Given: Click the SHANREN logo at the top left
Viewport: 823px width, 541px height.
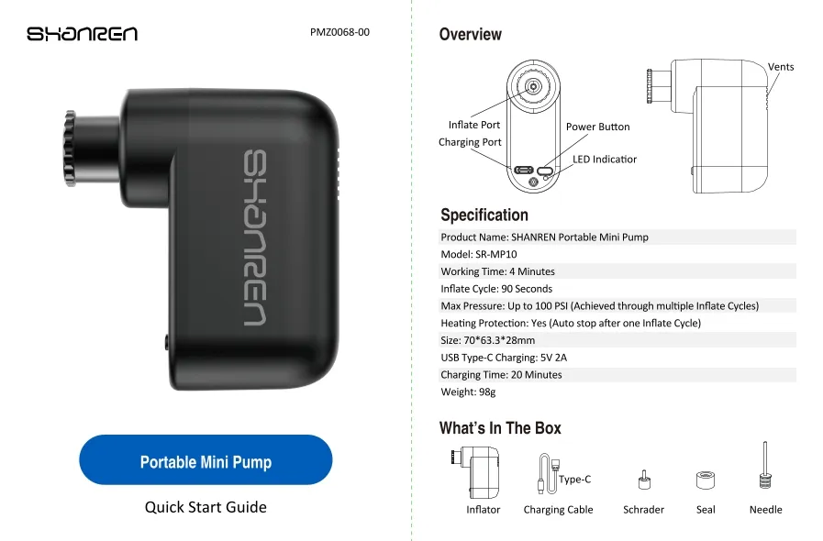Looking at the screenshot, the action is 83,34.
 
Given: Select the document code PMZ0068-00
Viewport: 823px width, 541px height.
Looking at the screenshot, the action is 339,32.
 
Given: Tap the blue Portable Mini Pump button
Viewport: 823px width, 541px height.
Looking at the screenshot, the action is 206,459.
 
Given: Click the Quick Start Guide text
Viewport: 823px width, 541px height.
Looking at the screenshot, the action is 206,507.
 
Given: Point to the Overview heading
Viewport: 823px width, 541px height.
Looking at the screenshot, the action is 471,35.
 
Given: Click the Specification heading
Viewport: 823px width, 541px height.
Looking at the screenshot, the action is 484,215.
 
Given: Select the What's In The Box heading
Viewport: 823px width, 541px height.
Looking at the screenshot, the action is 500,428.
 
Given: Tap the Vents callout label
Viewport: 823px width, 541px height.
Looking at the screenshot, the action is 781,67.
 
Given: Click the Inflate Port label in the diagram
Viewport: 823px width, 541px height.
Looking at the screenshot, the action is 474,125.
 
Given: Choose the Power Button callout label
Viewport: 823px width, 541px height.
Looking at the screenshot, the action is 598,127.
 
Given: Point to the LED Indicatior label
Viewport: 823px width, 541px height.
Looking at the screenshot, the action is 604,159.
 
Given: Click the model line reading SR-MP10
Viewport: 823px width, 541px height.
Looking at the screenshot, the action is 479,255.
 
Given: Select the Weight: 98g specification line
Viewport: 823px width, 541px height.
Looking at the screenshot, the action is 468,392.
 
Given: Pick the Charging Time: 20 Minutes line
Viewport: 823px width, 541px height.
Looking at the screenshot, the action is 501,375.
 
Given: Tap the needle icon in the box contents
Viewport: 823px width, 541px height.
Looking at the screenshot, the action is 765,466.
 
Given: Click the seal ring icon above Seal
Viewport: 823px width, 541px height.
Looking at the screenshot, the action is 706,480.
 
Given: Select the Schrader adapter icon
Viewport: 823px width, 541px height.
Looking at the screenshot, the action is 644,480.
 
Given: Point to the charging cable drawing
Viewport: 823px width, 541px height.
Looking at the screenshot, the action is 549,473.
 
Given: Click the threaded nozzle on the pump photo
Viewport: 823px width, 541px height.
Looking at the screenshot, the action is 71,149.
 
